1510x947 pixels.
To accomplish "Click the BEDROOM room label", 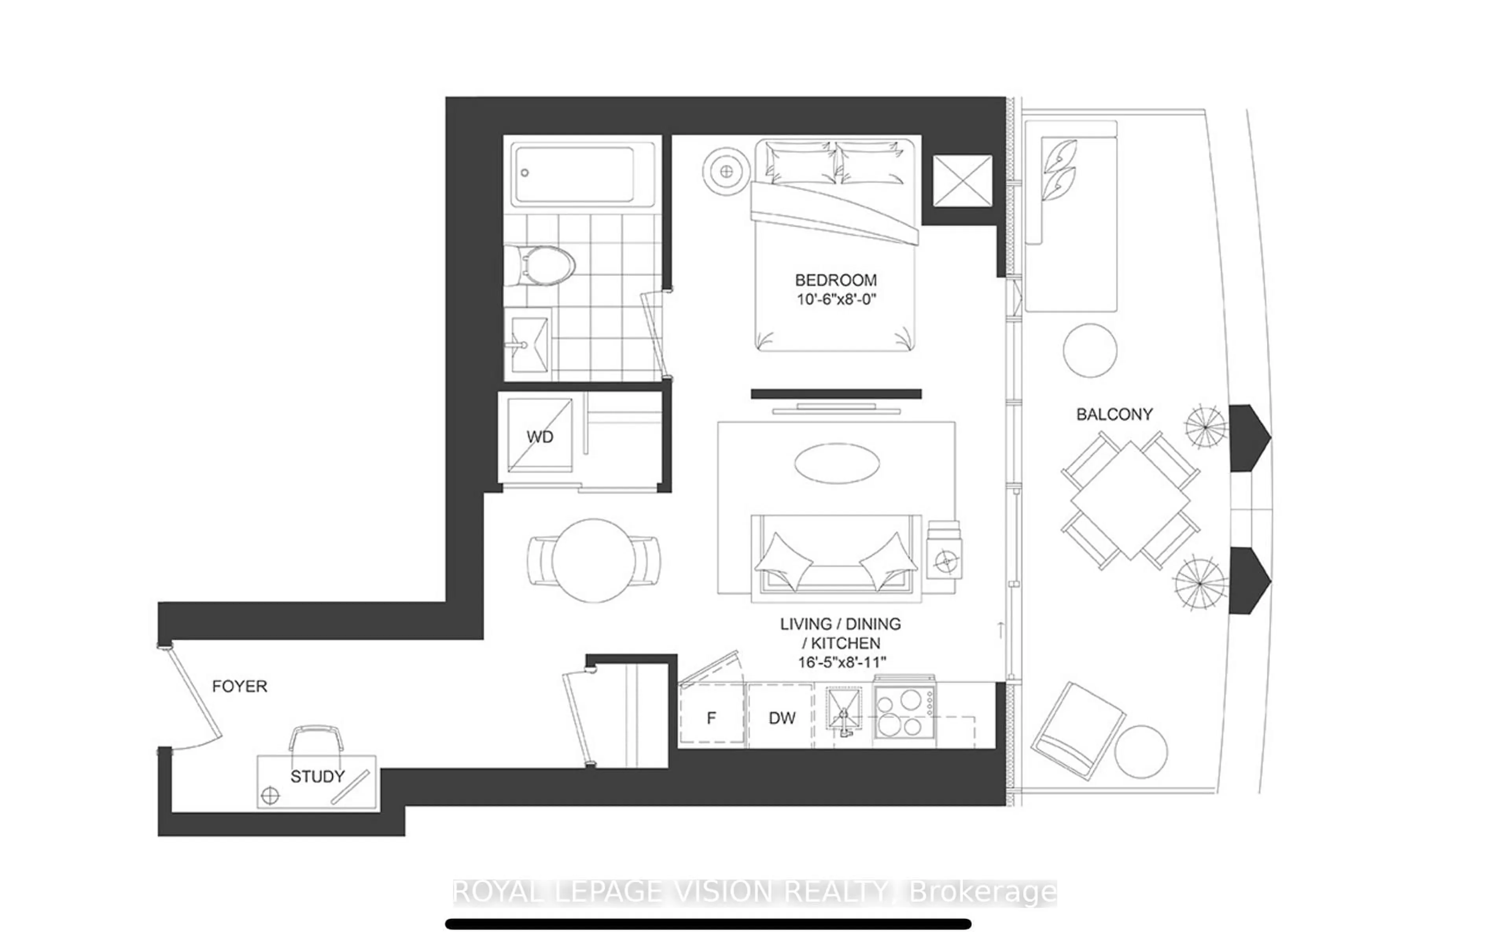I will pyautogui.click(x=836, y=280).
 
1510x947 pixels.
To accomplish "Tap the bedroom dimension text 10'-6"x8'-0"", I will pyautogui.click(x=836, y=299).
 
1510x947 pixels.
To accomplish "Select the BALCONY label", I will pyautogui.click(x=1114, y=414).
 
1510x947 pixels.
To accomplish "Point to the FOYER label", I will pyautogui.click(x=239, y=686).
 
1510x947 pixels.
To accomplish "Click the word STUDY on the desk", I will pyautogui.click(x=317, y=777).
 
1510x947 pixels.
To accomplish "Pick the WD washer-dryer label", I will pyautogui.click(x=539, y=437).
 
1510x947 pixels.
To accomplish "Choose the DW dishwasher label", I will pyautogui.click(x=782, y=718).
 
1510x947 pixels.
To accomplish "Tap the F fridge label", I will pyautogui.click(x=711, y=718).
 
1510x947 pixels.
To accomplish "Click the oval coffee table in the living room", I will pyautogui.click(x=837, y=464).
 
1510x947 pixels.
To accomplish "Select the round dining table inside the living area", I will pyautogui.click(x=593, y=560).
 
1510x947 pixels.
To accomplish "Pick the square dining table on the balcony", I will pyautogui.click(x=1130, y=500).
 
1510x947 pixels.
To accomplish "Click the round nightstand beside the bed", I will pyautogui.click(x=726, y=171).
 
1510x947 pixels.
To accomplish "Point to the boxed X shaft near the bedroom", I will pyautogui.click(x=962, y=181).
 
